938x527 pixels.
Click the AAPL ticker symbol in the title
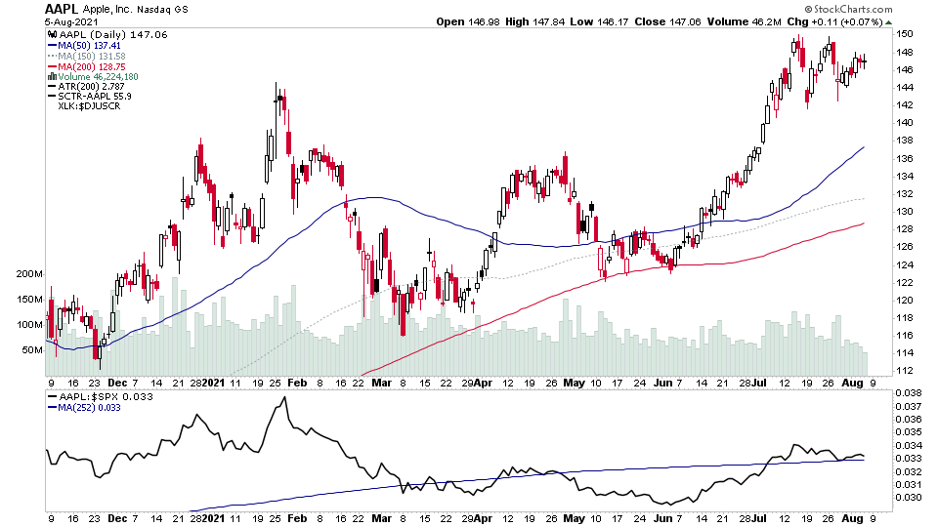coord(62,9)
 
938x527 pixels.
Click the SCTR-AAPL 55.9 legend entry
coord(95,97)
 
